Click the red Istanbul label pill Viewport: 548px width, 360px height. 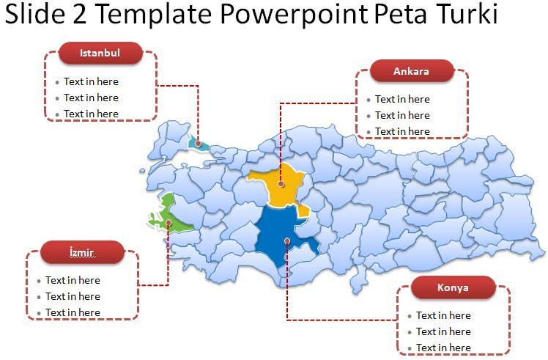click(100, 53)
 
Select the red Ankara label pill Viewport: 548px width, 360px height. click(411, 71)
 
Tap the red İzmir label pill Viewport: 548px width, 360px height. click(82, 252)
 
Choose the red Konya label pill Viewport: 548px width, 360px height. click(453, 287)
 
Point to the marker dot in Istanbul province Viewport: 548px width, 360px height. click(198, 144)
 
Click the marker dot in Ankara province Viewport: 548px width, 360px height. click(281, 184)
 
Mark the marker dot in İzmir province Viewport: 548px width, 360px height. click(169, 222)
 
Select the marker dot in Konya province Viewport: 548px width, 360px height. click(287, 240)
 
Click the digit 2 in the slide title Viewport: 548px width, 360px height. click(80, 13)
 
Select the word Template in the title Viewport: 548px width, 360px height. click(154, 14)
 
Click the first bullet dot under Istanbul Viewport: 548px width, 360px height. click(57, 83)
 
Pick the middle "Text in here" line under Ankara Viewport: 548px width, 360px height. click(402, 115)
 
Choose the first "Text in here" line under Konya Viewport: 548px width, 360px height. click(443, 315)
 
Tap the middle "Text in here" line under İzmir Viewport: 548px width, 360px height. click(73, 296)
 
